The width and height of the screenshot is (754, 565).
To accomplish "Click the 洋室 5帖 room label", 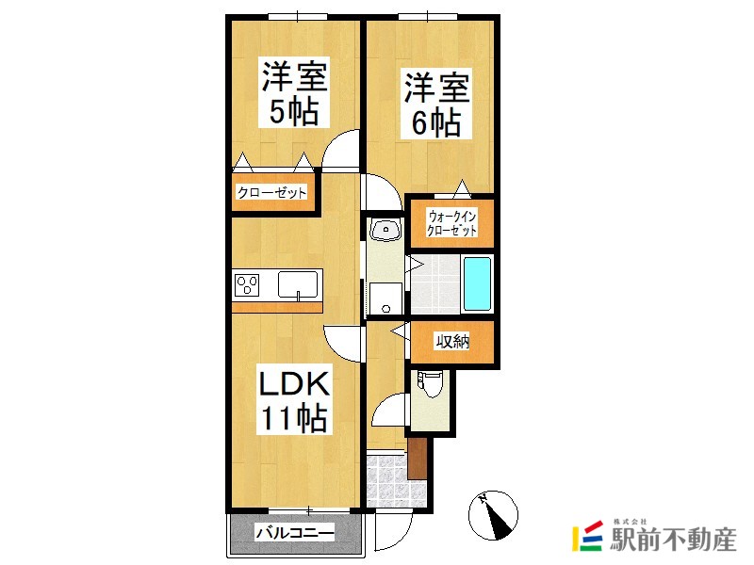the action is (294, 92).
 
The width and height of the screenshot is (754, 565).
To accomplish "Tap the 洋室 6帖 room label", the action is (436, 105).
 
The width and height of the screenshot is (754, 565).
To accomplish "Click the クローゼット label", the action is (271, 193).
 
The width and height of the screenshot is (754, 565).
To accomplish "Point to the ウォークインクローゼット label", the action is (452, 223).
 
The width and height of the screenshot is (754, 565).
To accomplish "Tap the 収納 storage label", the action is (452, 342).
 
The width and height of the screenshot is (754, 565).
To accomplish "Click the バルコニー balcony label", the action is (294, 533).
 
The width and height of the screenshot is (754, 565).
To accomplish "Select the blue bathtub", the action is (477, 283).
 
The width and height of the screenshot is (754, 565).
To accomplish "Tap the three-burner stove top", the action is (247, 285).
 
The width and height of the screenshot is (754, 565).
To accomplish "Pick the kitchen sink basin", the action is (298, 284).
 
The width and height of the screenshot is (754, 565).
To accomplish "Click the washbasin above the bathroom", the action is (385, 229).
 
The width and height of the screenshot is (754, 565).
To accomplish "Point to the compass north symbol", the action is (493, 515).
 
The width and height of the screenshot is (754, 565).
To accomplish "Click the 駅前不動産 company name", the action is (673, 539).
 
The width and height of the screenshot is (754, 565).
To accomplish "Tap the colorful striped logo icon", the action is (587, 536).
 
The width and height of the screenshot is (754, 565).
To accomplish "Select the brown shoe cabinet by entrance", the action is (417, 459).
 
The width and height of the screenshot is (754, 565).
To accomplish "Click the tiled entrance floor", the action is (394, 481).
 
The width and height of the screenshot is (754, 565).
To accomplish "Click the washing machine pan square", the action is (385, 298).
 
